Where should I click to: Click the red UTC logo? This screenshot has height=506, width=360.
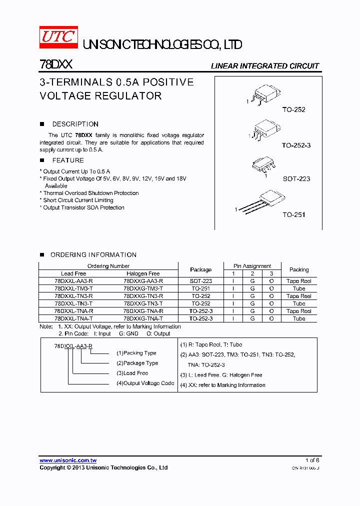click(58, 38)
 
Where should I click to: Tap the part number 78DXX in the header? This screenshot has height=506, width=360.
click(56, 65)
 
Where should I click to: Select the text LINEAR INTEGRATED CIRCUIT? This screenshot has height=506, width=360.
click(264, 66)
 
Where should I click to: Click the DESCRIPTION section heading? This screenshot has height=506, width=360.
click(75, 124)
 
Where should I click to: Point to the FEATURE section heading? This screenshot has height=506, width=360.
click(68, 160)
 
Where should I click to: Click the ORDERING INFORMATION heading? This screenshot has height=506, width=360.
click(93, 255)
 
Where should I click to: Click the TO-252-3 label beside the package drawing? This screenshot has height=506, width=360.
click(296, 145)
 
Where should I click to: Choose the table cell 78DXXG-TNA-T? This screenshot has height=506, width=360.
click(143, 318)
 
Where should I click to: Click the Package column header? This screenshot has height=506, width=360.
click(200, 269)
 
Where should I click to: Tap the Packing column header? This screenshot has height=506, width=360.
click(299, 269)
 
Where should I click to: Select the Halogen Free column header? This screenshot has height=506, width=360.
click(143, 273)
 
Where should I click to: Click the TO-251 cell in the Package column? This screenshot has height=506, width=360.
click(200, 288)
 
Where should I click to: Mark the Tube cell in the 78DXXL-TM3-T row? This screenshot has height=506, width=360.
click(299, 288)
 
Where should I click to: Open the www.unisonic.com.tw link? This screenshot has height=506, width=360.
click(68, 460)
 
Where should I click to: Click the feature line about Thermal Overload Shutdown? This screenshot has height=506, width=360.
click(90, 193)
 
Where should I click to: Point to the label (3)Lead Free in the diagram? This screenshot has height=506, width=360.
click(132, 373)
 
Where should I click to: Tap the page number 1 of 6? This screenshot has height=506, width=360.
click(312, 460)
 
